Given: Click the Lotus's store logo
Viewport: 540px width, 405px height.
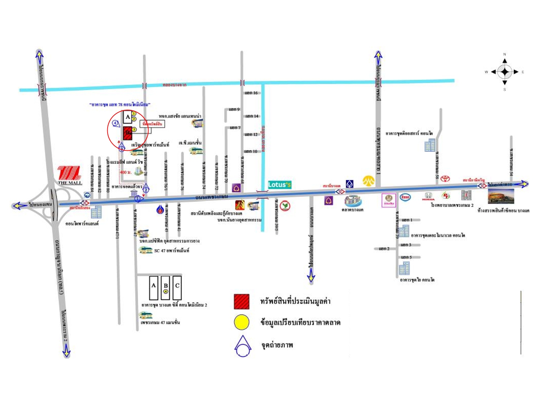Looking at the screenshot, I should click(x=279, y=184).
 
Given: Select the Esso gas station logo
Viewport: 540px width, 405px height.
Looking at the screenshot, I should click(x=405, y=197).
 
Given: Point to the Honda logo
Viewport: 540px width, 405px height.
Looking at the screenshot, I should click(x=428, y=196).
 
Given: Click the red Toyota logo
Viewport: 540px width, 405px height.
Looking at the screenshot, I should click(x=445, y=178).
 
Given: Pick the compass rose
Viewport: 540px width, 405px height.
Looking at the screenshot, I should click(x=505, y=72).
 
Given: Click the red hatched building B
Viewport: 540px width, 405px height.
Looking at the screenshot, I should click(x=128, y=133).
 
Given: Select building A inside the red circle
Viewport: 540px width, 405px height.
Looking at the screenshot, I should click(x=128, y=117).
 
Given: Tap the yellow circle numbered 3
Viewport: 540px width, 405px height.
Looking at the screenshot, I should click(x=134, y=130).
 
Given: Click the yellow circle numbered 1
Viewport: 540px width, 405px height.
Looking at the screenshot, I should click(x=134, y=114).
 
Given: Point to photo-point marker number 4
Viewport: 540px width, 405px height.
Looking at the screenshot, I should click(x=115, y=123).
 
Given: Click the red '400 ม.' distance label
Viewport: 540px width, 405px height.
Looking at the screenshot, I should click(x=126, y=172).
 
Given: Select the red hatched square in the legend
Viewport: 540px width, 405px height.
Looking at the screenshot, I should click(x=241, y=301).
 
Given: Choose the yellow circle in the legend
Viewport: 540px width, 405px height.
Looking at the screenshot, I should click(x=241, y=322).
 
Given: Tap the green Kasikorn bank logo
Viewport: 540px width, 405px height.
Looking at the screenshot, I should click(x=285, y=206).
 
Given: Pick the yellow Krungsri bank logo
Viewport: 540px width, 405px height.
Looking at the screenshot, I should click(x=369, y=181).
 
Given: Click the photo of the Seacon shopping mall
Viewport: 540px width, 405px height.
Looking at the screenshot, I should click(x=501, y=196).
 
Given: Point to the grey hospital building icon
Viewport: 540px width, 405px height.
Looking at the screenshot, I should click(x=466, y=195).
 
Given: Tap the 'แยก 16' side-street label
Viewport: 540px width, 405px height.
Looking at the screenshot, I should click(x=251, y=93).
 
